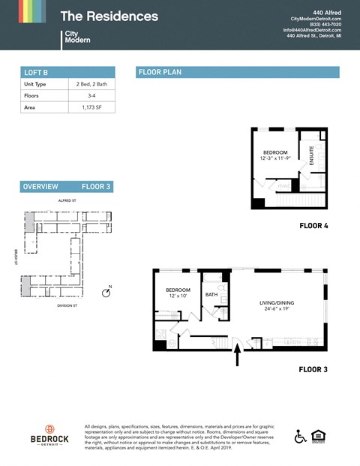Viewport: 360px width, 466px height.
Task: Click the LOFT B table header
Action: click(67, 72)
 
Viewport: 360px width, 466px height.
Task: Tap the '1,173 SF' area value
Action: click(92, 108)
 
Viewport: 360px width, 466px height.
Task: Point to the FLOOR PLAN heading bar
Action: click(238, 72)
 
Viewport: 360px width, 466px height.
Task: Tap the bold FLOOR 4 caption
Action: click(313, 226)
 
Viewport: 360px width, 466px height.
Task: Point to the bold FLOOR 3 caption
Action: click(313, 369)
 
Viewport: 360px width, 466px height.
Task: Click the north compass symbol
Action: click(106, 291)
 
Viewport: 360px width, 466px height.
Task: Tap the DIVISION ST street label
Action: click(69, 305)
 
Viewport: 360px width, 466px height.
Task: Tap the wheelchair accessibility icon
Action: click(301, 436)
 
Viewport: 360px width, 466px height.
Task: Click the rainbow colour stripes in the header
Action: click(31, 11)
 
